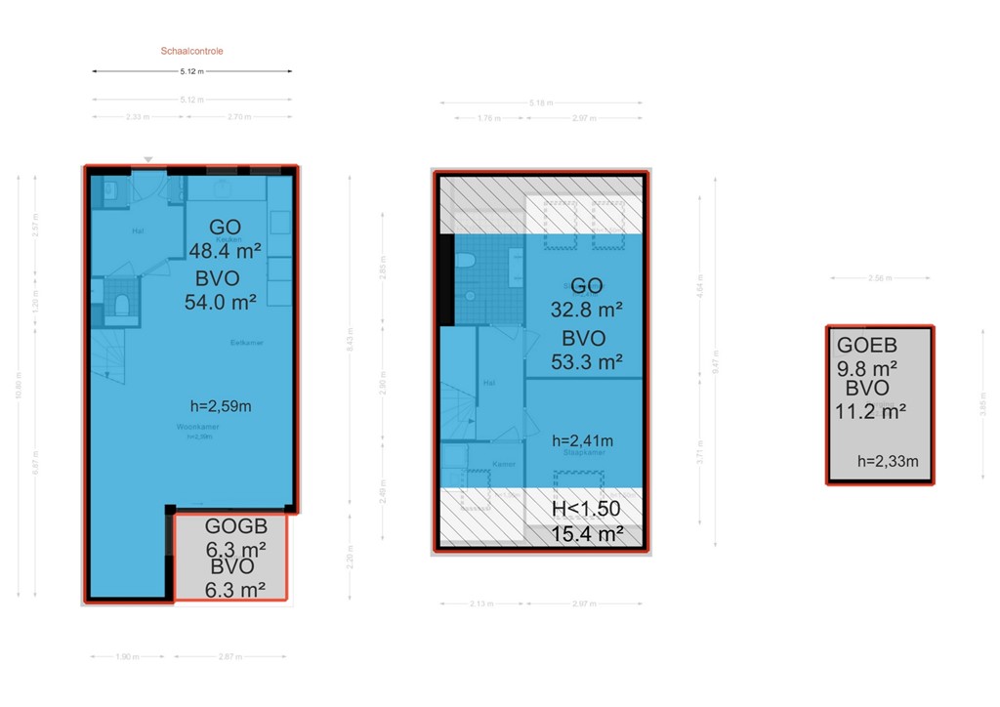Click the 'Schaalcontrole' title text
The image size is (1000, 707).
click(192, 51)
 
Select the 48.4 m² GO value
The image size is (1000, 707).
click(225, 251)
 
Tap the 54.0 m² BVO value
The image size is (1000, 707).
click(220, 302)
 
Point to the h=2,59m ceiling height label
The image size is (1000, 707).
click(221, 405)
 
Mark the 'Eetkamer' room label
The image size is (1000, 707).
click(247, 343)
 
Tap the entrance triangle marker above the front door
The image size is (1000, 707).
click(147, 159)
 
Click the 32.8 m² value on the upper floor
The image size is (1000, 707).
click(585, 311)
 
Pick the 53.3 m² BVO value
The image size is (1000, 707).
click(584, 362)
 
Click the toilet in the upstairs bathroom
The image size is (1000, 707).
click(468, 262)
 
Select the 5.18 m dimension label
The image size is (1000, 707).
click(540, 103)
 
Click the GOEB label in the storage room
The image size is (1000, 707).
click(866, 345)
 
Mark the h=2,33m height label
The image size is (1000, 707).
click(887, 461)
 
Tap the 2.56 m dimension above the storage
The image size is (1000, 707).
click(879, 278)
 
